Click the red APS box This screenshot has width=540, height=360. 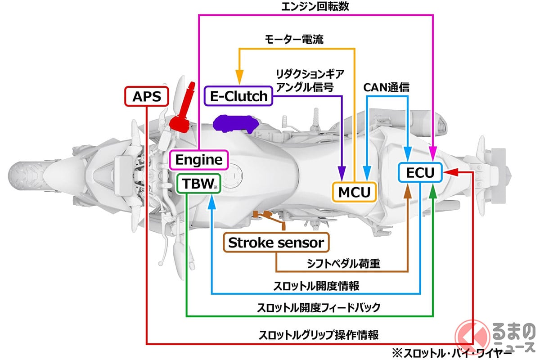[x=147, y=96]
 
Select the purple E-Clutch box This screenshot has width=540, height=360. [x=238, y=95]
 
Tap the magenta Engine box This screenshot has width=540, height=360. [x=199, y=159]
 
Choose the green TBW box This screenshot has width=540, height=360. [x=198, y=183]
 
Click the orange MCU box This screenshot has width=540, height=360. [x=354, y=192]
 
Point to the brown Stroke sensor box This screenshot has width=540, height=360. [x=276, y=243]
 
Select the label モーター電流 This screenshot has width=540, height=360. [x=294, y=40]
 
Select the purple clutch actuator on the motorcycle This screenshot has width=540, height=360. [x=232, y=123]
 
